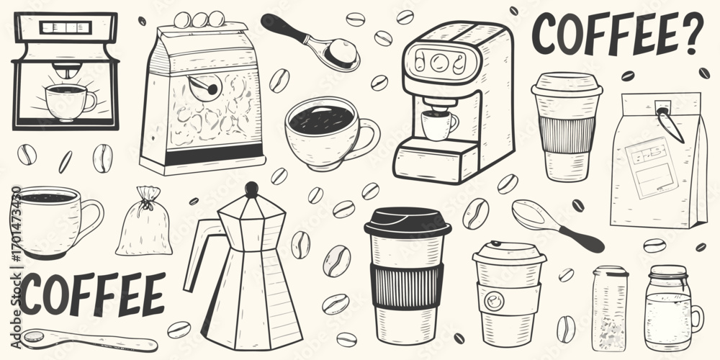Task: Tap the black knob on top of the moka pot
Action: pos(251,189)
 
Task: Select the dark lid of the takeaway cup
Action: pos(408,222)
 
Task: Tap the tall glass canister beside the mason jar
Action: pos(610,307)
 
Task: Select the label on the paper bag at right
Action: pos(652,167)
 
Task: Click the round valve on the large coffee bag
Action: pos(204,87)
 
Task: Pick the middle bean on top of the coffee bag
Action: pos(199,19)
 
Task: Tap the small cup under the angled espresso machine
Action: pos(439,125)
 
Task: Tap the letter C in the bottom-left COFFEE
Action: pos(31,294)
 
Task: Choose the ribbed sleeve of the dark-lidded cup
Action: pos(407,286)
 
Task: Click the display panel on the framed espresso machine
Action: pos(66,27)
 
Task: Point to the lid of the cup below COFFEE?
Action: pos(567,84)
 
